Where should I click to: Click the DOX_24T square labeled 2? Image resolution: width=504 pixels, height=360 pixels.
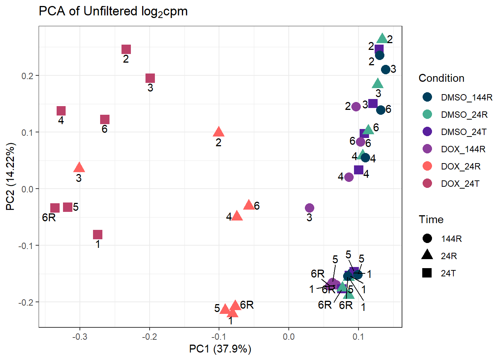(126, 49)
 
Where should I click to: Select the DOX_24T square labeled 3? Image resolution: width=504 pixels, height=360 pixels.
(150, 78)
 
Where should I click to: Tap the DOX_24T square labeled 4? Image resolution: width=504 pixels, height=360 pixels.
(61, 111)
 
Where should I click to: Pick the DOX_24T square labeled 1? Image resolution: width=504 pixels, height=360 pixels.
(97, 235)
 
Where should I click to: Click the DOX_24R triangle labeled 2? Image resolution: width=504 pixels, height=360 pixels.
(219, 132)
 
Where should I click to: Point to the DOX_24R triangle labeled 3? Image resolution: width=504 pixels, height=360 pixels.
(79, 168)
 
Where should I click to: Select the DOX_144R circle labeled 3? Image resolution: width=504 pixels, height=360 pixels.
(309, 208)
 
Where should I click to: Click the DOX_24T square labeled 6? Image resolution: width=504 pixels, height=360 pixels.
(105, 119)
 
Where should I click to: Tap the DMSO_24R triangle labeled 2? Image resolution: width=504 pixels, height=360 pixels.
(382, 39)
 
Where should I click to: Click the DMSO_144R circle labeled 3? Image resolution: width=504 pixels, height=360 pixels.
(385, 69)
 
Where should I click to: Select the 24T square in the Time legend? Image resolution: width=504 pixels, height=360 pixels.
(427, 273)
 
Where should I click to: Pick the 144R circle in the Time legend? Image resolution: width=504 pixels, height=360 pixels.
(427, 238)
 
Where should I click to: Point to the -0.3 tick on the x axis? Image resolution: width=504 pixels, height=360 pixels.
(79, 336)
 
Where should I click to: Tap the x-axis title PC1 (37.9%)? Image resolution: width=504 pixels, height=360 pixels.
(220, 349)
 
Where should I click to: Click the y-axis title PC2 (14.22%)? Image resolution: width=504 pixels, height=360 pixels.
(10, 177)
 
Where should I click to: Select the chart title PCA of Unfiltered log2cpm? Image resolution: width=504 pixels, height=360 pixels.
(113, 11)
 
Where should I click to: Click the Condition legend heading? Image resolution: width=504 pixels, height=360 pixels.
(441, 78)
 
